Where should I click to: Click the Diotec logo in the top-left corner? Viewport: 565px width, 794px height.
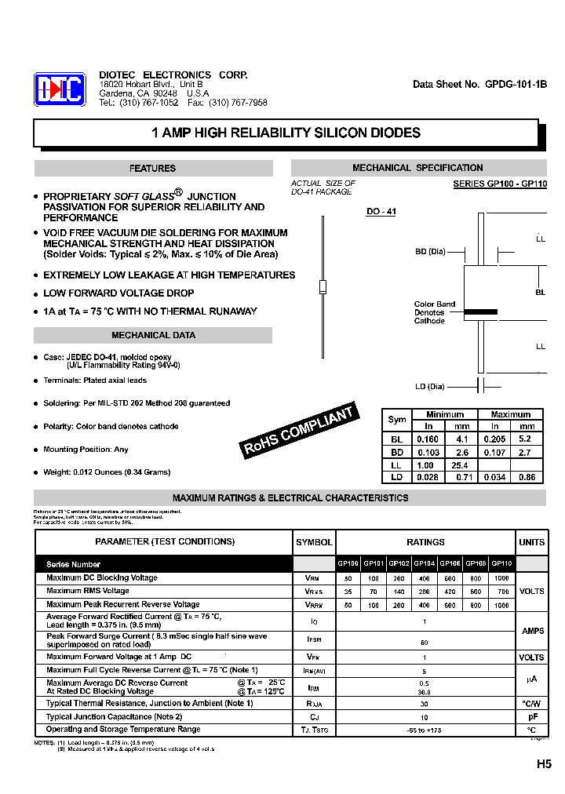(x=59, y=89)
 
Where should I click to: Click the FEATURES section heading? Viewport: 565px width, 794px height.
(x=153, y=169)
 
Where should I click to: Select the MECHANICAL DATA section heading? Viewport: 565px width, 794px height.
(x=153, y=336)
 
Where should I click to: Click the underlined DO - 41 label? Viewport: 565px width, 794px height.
(x=381, y=212)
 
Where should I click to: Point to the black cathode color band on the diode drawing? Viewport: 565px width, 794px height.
(x=479, y=312)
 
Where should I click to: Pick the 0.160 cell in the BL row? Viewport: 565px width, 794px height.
(x=428, y=440)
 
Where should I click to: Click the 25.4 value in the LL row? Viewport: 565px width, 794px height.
(x=461, y=465)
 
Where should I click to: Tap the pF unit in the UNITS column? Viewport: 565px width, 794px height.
(x=531, y=717)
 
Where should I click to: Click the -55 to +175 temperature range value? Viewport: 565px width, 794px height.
(x=425, y=730)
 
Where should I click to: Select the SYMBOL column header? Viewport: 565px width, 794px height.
(x=314, y=542)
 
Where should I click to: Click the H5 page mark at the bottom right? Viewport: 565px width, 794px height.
(x=544, y=764)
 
